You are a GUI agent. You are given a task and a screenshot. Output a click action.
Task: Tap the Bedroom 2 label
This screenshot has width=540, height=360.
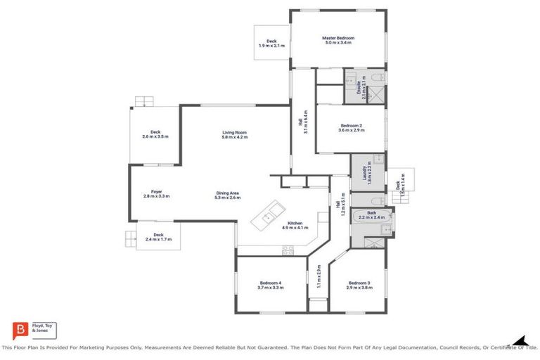pyautogui.click(x=350, y=127)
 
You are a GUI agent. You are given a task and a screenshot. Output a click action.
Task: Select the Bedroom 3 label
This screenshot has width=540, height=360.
pyautogui.click(x=359, y=284)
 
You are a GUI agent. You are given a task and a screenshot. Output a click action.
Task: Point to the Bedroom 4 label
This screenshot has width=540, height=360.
pyautogui.click(x=271, y=284)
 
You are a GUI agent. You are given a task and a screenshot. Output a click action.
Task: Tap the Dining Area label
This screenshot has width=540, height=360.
pyautogui.click(x=227, y=195)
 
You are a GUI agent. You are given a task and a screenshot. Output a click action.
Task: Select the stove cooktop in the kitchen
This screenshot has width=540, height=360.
pyautogui.click(x=288, y=250)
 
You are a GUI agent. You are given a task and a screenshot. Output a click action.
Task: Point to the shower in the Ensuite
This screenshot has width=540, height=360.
pyautogui.click(x=376, y=95)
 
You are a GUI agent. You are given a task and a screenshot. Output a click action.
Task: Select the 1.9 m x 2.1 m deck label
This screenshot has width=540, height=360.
pyautogui.click(x=271, y=44)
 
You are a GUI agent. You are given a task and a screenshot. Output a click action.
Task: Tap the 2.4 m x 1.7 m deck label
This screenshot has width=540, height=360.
pyautogui.click(x=158, y=237)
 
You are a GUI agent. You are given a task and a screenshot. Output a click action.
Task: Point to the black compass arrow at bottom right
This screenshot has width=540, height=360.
pyautogui.click(x=519, y=340)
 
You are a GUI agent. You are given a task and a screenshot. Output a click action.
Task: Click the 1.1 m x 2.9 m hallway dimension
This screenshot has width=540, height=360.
pyautogui.click(x=319, y=277)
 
